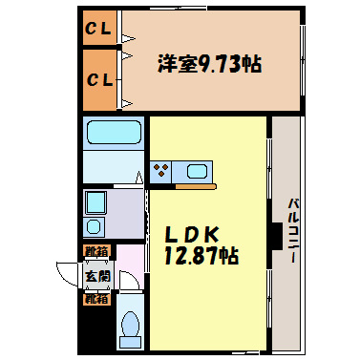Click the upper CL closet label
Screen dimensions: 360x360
(99, 29)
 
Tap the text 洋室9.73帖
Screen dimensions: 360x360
(208, 64)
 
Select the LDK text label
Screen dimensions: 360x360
(195, 234)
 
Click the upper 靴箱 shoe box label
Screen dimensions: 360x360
(96, 252)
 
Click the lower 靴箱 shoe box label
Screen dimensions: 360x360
(96, 298)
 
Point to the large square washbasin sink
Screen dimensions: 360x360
(96, 203)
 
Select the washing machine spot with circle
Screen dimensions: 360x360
(94, 227)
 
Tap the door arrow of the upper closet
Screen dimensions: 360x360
(126, 40)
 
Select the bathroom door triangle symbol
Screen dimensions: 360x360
(139, 178)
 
